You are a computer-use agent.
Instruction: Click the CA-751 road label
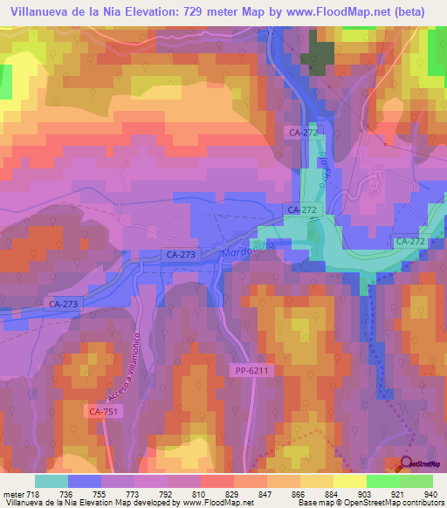pyautogui.click(x=101, y=409)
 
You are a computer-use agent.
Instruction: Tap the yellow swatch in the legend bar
pyautogui.click(x=349, y=481)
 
